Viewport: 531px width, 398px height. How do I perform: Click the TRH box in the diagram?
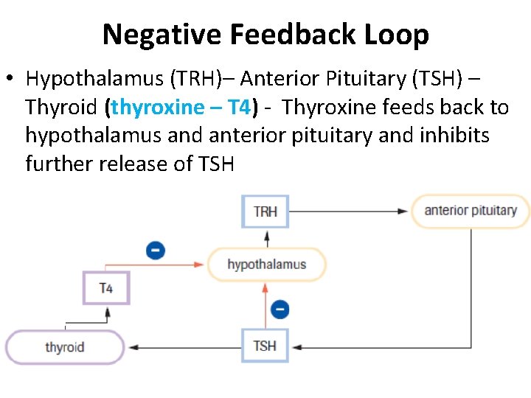[265, 212]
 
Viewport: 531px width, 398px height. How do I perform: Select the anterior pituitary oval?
[471, 211]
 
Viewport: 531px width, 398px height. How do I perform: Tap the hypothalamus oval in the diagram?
[266, 265]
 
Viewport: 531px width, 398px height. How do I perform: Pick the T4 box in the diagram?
[106, 287]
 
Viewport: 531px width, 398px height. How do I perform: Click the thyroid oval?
[65, 347]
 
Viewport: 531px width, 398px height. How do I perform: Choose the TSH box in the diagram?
[265, 346]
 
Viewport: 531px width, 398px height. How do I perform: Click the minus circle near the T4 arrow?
[156, 251]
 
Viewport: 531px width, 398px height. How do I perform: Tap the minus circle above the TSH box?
[280, 309]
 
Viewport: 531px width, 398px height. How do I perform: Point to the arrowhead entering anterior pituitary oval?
[402, 211]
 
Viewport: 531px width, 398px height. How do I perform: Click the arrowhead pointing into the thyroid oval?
[133, 346]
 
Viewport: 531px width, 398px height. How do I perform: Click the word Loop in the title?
[401, 35]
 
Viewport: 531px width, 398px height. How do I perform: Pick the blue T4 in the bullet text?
[239, 108]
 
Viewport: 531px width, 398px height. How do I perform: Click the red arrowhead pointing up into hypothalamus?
[266, 287]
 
